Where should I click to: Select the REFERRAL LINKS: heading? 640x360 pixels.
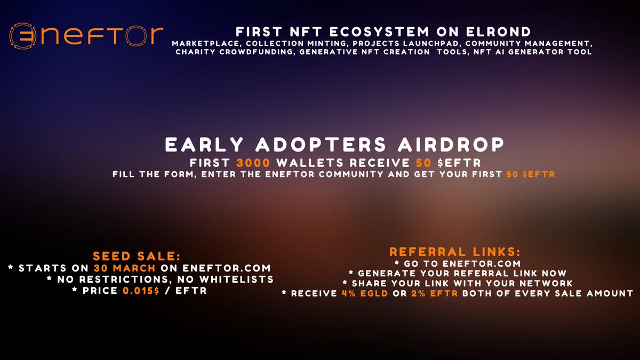455,251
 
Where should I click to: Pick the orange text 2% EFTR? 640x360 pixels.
438,293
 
